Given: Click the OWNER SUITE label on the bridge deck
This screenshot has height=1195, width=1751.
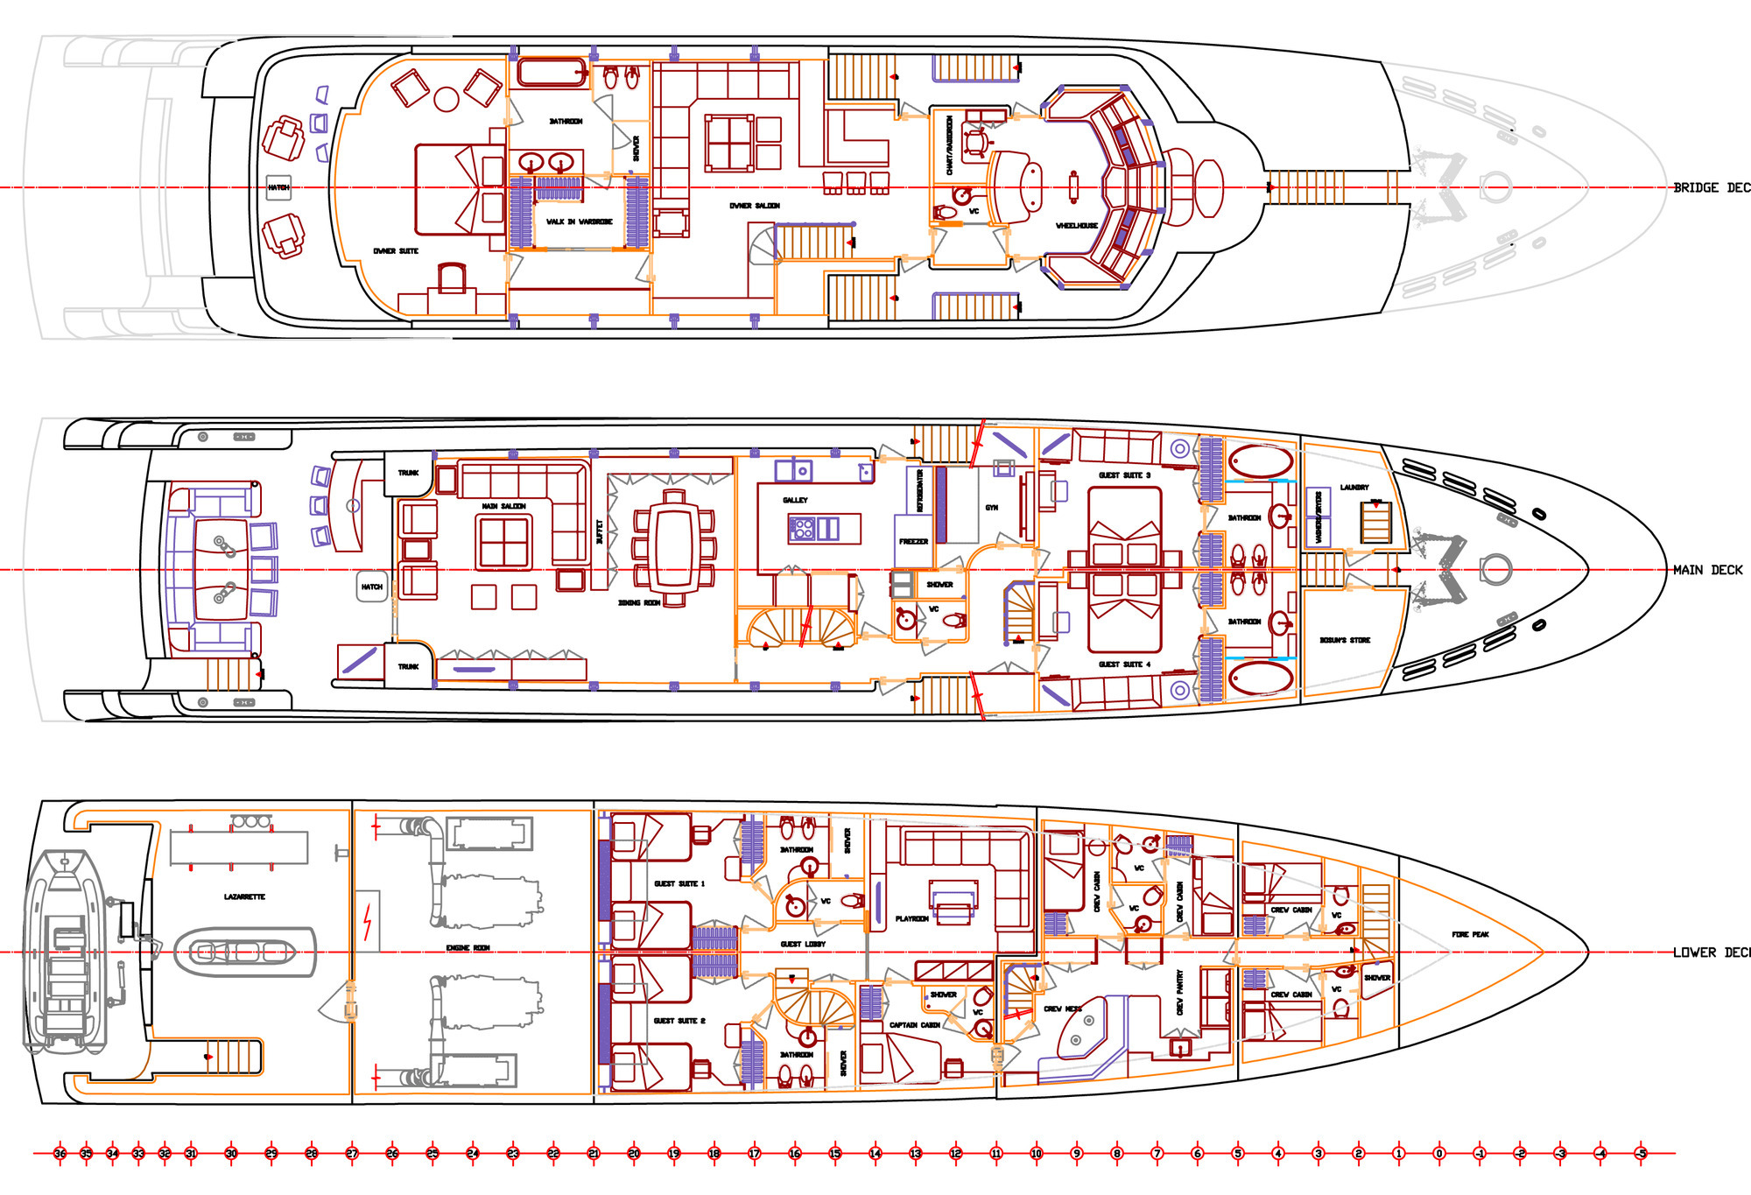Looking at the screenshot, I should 396,251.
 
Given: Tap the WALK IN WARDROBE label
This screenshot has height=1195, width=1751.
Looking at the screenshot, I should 579,221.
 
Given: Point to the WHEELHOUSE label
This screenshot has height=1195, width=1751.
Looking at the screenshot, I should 1076,226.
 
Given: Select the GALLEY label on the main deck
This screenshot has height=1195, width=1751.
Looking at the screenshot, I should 795,500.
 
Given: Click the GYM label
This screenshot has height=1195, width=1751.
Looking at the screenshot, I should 991,508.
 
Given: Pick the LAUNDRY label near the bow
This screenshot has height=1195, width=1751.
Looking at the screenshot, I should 1354,487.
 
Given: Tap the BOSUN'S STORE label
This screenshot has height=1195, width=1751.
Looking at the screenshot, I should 1345,640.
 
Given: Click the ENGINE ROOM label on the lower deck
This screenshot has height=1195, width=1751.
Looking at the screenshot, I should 468,948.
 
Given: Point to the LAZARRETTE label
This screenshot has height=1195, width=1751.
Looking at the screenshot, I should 244,896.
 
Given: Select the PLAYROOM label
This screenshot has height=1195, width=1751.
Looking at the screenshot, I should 911,918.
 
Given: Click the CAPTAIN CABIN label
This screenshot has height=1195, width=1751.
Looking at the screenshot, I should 914,1024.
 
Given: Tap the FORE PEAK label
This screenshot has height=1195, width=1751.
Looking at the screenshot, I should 1470,934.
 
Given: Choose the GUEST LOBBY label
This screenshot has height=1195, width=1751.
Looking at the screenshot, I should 803,944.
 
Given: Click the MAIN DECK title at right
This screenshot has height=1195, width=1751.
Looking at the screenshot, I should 1707,570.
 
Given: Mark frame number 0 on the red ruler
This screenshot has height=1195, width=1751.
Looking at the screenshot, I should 1438,1153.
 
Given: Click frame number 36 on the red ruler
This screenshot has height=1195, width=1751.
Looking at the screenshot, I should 60,1153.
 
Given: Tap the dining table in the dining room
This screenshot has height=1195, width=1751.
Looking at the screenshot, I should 673,548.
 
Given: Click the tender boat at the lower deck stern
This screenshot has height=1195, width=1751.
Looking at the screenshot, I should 64,951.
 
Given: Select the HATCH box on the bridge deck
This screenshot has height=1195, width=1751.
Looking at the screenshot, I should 278,187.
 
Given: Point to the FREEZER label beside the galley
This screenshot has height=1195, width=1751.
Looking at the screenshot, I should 913,541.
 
